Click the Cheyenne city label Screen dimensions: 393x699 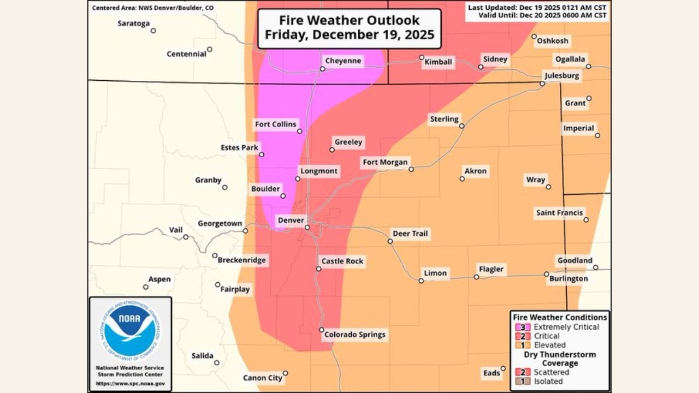[343, 61]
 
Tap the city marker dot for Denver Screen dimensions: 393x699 [307, 227]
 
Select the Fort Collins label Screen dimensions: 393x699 [276, 124]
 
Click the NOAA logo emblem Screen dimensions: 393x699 [130, 330]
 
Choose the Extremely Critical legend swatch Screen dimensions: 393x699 [520, 327]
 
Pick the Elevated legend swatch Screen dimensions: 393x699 [520, 345]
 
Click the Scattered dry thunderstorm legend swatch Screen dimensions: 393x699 [520, 372]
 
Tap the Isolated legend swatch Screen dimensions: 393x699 [520, 381]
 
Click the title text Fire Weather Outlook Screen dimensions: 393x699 [349, 20]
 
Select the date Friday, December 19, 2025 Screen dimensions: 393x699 [349, 35]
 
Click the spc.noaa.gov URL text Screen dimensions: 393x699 [130, 384]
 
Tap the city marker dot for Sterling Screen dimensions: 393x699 [461, 126]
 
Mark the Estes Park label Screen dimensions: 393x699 [239, 147]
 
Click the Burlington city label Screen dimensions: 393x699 [569, 278]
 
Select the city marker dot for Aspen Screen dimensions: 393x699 [146, 287]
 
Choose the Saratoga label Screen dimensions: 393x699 [134, 23]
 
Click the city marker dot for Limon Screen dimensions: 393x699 [421, 281]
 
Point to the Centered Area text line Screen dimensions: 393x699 [153, 8]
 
